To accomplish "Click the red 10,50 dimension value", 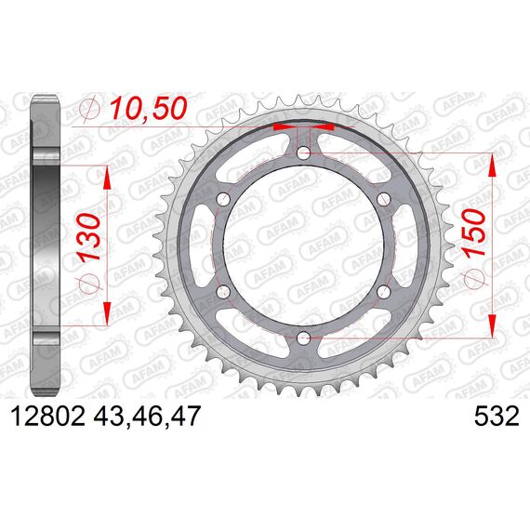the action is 148,109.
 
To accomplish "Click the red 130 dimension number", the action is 90,237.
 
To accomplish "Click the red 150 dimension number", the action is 474,233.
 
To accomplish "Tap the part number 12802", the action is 47,416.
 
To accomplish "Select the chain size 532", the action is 497,416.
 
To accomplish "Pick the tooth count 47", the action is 184,416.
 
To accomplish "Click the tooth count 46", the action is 147,416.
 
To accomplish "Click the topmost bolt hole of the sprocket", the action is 303,152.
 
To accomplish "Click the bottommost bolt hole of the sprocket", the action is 303,337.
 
